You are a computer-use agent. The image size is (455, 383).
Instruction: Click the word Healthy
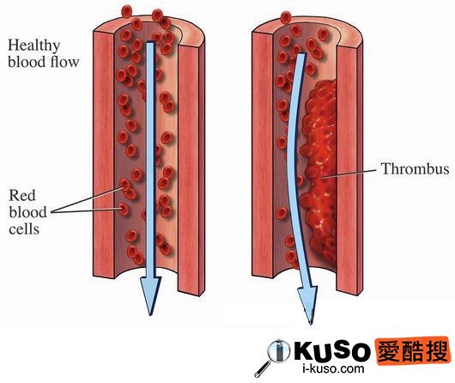coord(34,46)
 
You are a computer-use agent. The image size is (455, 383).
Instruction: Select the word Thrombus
coord(415,168)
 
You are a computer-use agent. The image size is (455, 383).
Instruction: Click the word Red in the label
coord(22,195)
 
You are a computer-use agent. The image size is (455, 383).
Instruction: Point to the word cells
coord(24,229)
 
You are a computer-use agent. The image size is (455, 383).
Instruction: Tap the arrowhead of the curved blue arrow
coord(309,305)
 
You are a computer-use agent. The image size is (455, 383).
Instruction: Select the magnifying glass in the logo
coord(273,357)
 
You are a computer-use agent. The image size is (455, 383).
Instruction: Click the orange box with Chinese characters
coord(412,351)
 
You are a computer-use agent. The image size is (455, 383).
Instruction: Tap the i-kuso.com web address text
coord(333,369)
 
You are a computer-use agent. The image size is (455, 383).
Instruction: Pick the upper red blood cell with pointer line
coord(125,185)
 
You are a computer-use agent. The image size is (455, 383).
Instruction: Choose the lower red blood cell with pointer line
coord(124,209)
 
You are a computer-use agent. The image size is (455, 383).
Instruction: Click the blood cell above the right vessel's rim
coord(286,17)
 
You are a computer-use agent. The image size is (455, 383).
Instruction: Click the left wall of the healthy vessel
coord(104,154)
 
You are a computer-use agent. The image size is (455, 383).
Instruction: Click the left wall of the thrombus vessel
coord(263,154)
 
